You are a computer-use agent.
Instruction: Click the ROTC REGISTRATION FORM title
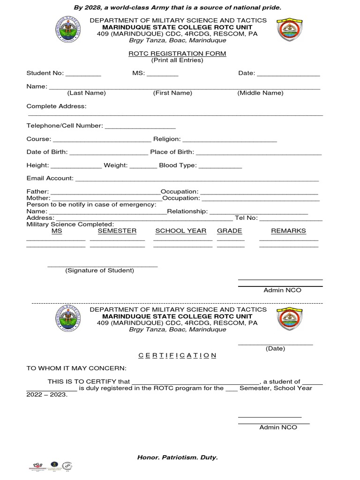point(177,54)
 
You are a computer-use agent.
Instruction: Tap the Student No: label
point(45,73)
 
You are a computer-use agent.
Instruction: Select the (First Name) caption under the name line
point(172,93)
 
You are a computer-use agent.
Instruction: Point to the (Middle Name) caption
point(260,93)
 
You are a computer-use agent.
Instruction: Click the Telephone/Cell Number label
point(65,126)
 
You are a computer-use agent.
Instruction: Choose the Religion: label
point(167,139)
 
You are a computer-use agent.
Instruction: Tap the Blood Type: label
point(178,165)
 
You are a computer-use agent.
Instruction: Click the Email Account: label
point(50,178)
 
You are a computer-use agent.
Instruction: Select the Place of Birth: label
point(172,152)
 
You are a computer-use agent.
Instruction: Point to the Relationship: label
point(187,211)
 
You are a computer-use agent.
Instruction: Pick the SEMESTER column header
point(117,231)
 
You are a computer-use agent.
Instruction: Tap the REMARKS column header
point(288,231)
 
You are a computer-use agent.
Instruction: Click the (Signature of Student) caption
point(99,270)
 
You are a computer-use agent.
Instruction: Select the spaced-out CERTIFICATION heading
point(177,355)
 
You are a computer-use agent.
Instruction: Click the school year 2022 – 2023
point(47,395)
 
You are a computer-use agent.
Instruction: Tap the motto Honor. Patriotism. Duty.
point(177,457)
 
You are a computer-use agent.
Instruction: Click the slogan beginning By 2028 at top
point(177,8)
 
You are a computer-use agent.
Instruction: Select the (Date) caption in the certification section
point(275,349)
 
